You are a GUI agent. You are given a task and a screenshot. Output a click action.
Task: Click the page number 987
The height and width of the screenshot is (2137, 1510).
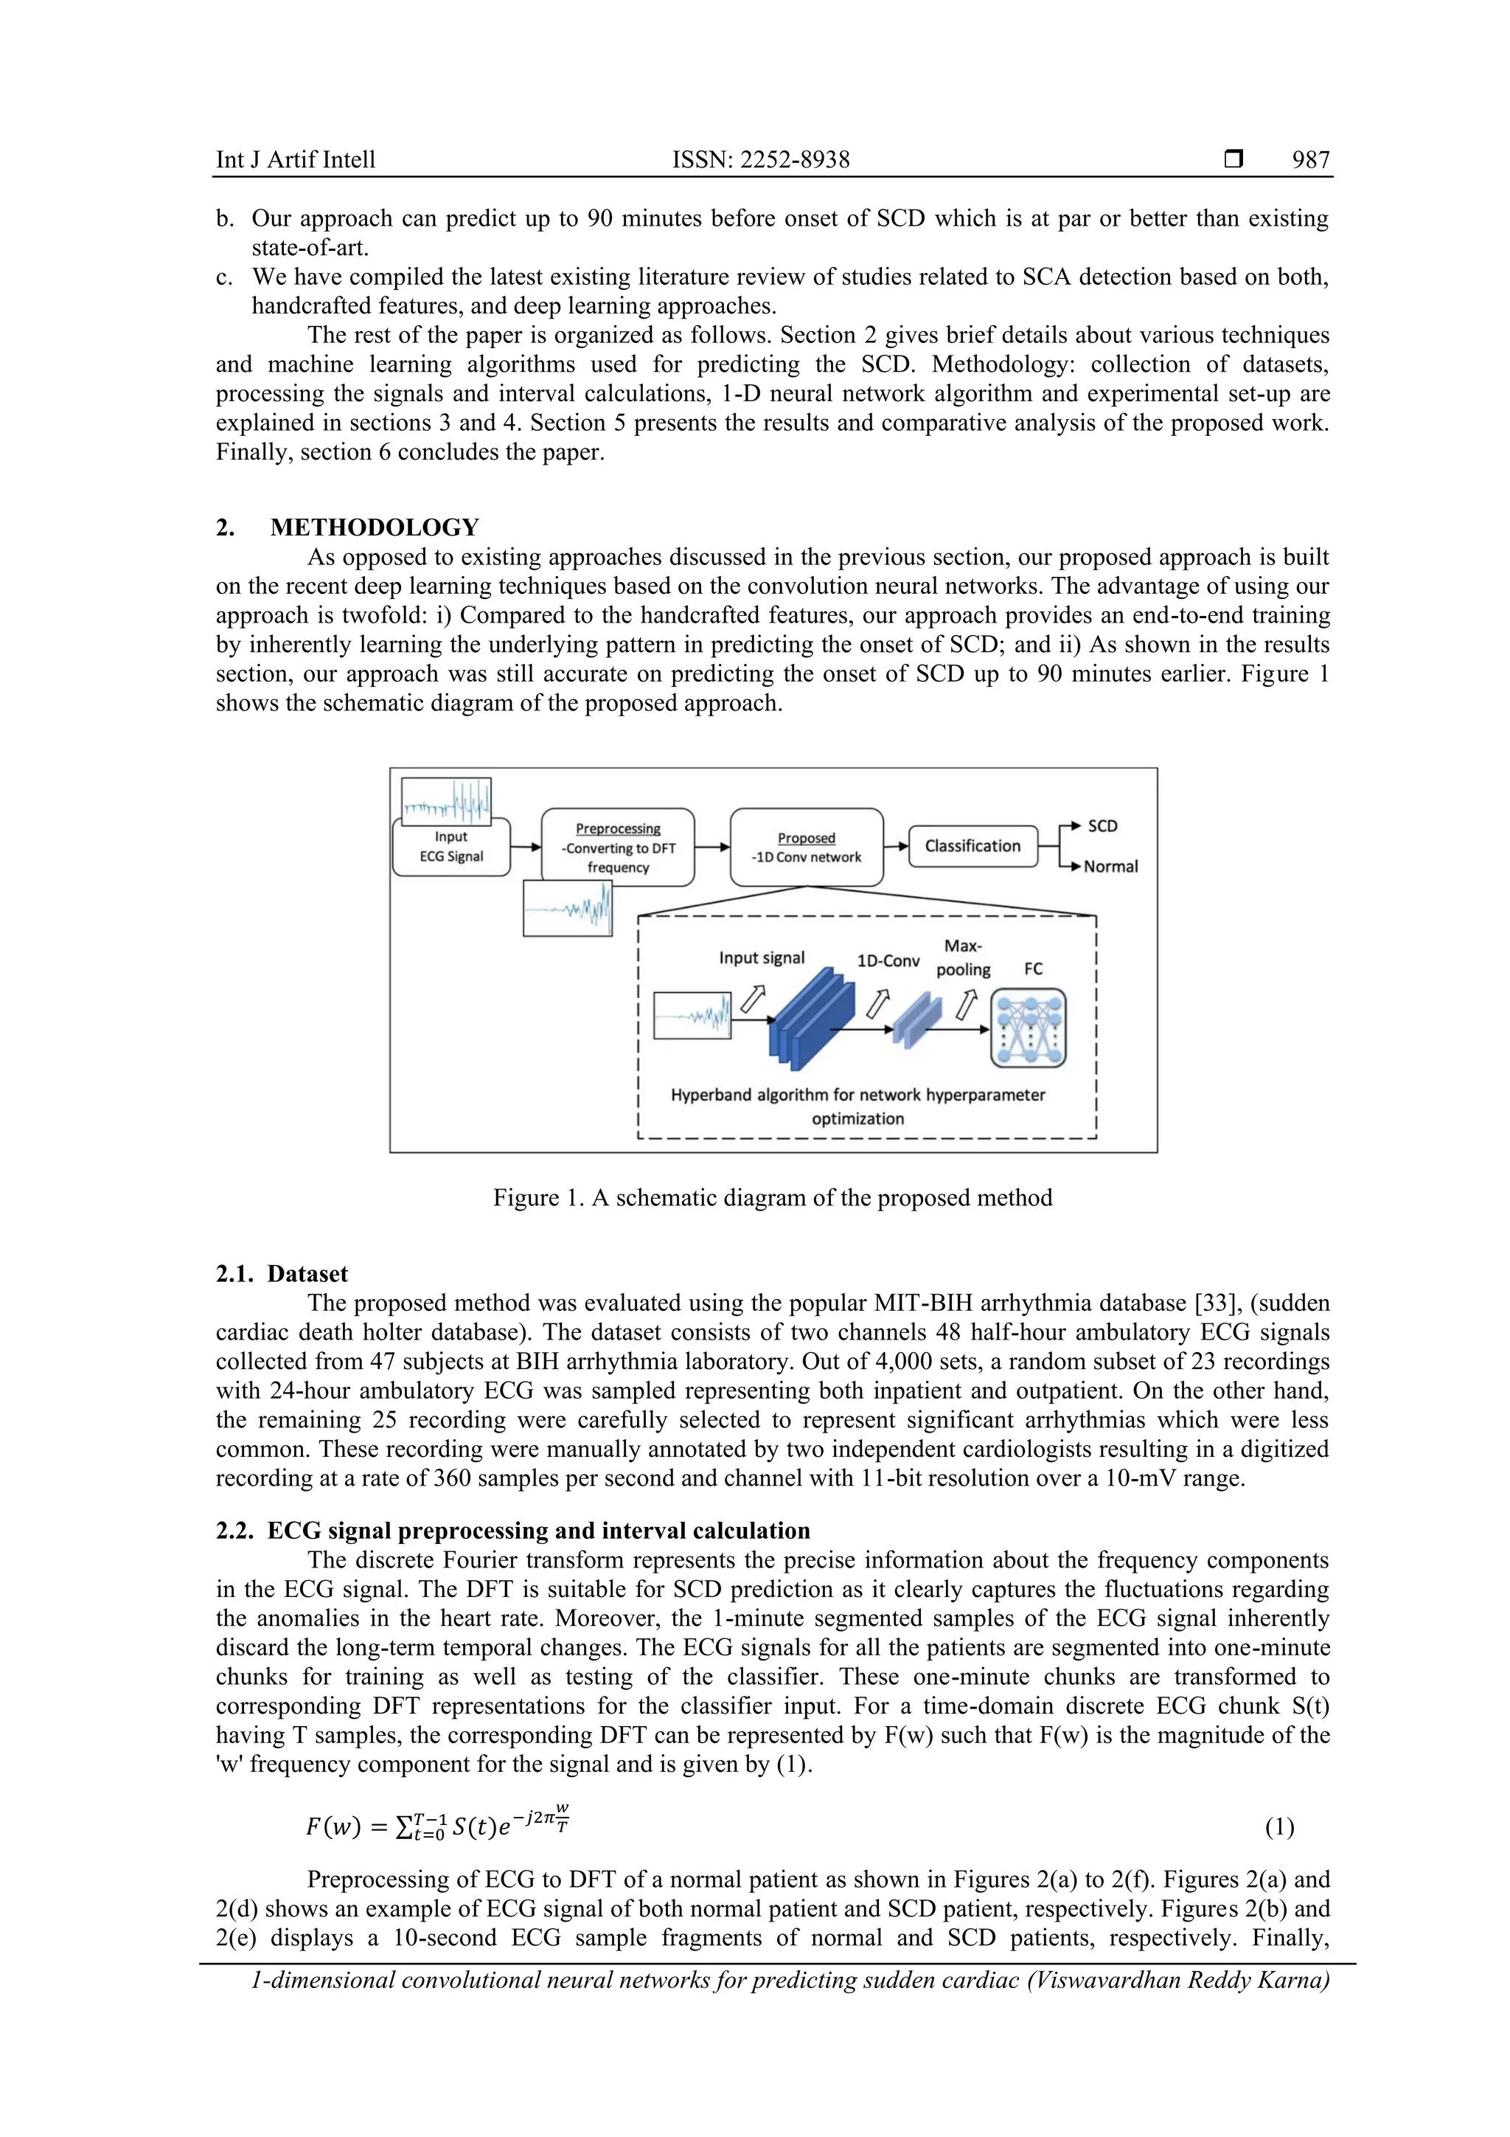(1310, 160)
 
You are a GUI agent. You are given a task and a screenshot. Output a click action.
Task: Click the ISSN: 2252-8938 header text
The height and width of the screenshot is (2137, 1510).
(760, 160)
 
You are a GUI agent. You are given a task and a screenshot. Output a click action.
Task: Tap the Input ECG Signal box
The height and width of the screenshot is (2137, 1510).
(451, 847)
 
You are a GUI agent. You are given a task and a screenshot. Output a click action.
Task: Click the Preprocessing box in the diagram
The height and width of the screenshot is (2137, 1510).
(618, 847)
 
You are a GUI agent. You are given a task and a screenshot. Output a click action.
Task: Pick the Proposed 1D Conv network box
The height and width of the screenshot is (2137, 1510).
(806, 847)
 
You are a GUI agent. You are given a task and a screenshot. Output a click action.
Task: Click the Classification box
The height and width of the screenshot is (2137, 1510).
(973, 846)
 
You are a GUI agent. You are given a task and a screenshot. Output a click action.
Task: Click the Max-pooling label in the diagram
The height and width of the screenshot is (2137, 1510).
(963, 957)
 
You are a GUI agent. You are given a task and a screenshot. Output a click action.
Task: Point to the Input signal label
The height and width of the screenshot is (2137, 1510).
(761, 957)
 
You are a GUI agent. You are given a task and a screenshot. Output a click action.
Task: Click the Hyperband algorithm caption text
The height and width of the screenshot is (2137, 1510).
(857, 1106)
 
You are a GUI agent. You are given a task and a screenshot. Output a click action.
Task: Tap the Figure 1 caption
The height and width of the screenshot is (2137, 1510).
(772, 1198)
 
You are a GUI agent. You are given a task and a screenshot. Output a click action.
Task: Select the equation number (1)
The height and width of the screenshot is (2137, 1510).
(1279, 1827)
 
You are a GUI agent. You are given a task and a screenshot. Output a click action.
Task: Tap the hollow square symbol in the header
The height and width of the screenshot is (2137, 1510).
(1234, 159)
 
